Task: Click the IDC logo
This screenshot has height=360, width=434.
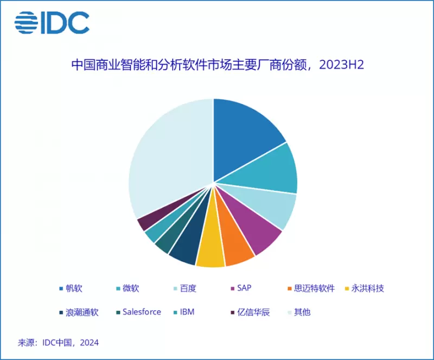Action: click(52, 22)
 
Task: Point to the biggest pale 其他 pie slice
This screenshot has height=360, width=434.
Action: click(168, 157)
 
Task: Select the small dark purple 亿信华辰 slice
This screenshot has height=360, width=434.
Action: click(147, 223)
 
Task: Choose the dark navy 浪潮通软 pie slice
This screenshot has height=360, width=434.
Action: click(184, 249)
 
